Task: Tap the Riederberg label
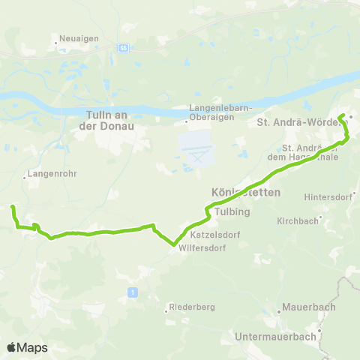click(190, 307)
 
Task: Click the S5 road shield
click(121, 47)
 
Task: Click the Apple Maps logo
click(27, 347)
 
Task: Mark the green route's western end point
click(13, 206)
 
